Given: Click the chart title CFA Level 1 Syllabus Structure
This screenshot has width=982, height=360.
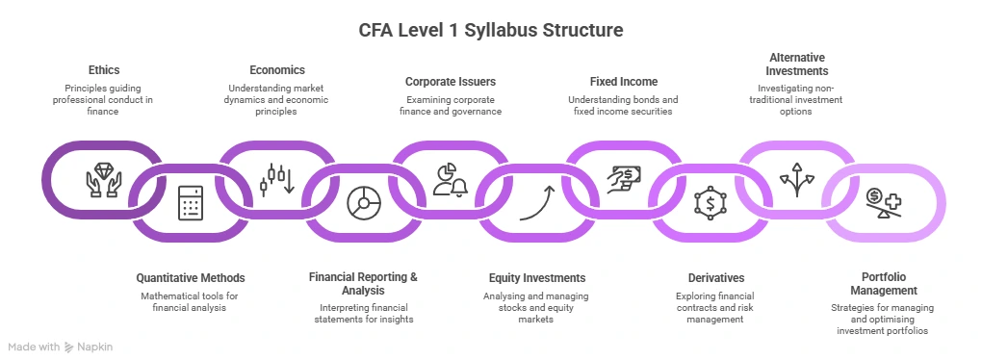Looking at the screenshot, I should [491, 30].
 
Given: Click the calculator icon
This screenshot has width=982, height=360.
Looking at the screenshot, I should [189, 204].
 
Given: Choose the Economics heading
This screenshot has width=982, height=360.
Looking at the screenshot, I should [277, 70].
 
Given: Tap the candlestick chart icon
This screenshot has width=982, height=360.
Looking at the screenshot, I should [277, 178].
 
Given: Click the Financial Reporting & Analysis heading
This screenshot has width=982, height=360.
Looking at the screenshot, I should [363, 284].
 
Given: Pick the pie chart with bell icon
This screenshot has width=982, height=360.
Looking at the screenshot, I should [451, 178].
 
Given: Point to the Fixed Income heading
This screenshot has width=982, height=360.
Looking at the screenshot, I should [623, 82].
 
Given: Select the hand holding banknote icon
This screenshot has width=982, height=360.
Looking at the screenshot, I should [623, 180].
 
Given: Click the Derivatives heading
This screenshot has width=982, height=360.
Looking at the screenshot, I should [709, 278].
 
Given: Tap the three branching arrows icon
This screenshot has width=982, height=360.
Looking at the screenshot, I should [796, 180].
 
